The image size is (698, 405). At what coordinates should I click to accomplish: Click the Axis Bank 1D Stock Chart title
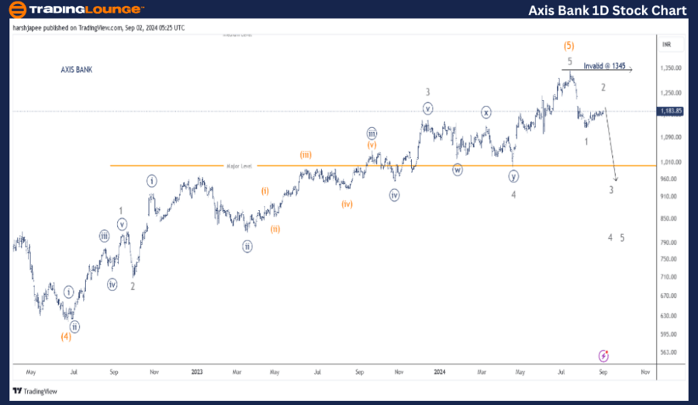click(607, 10)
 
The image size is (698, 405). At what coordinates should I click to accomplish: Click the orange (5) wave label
click(568, 45)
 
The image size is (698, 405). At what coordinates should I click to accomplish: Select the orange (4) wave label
click(66, 337)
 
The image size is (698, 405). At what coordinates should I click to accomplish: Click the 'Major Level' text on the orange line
click(239, 165)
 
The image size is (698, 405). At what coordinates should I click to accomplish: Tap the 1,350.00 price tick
click(670, 68)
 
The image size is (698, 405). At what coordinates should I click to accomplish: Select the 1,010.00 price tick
click(670, 162)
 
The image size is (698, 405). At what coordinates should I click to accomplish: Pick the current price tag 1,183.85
click(670, 111)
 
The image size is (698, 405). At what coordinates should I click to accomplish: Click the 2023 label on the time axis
click(197, 372)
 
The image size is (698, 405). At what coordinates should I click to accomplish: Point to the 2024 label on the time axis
click(439, 372)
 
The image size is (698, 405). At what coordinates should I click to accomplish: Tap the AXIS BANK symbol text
click(77, 70)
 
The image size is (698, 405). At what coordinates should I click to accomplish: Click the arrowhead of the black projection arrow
click(616, 179)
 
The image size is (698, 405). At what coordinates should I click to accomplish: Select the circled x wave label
click(485, 112)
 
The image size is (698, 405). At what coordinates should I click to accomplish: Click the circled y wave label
click(513, 176)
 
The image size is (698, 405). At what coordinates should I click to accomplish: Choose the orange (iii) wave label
click(306, 155)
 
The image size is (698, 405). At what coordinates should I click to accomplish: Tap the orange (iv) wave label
click(346, 204)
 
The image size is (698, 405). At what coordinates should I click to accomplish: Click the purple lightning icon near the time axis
click(604, 355)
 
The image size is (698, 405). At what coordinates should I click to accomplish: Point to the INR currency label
click(665, 45)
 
